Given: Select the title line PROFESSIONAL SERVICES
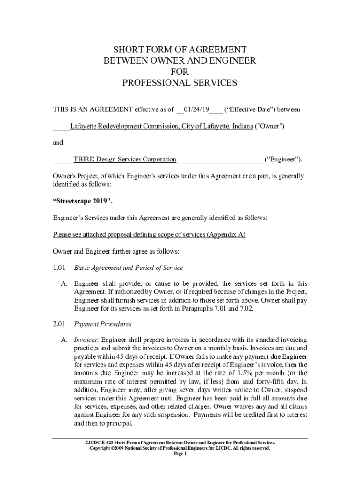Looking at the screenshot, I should [180, 83].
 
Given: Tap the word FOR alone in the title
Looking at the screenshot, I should [180, 72].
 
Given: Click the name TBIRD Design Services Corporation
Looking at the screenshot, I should [125, 160].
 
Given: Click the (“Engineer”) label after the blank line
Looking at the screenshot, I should [283, 160].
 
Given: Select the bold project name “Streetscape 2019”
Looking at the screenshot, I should [83, 202].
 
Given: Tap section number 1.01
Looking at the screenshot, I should [59, 268].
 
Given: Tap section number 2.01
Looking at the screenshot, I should [59, 324].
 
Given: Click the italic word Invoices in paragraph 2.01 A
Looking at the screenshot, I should [86, 340].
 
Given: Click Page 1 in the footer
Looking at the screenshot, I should [180, 454].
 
